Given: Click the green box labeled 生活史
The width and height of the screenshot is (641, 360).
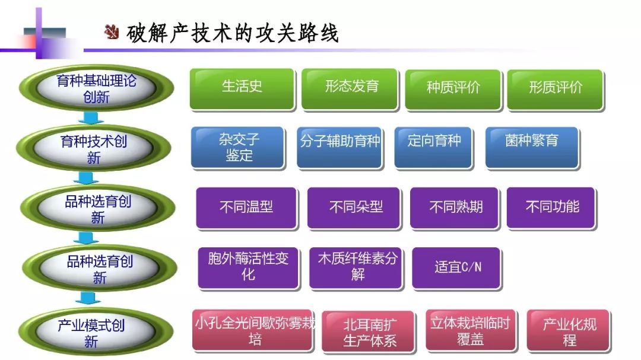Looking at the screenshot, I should click(242, 89).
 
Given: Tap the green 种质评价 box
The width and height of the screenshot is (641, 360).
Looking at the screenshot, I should click(453, 89).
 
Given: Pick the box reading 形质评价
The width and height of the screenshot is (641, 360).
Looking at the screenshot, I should click(555, 89).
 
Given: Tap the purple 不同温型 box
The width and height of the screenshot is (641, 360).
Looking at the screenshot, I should click(246, 208).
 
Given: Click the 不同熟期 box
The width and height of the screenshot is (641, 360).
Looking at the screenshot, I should click(456, 208).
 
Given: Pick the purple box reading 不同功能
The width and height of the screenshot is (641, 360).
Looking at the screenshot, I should click(551, 208).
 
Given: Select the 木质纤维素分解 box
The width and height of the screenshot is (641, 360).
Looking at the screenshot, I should click(357, 267).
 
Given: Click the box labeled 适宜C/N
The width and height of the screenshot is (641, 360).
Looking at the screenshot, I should click(457, 267).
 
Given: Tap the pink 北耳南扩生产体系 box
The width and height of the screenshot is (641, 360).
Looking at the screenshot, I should click(369, 332).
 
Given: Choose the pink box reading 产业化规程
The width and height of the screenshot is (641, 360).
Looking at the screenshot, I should click(569, 330).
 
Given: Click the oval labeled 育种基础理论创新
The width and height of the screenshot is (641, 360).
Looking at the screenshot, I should click(96, 89).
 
